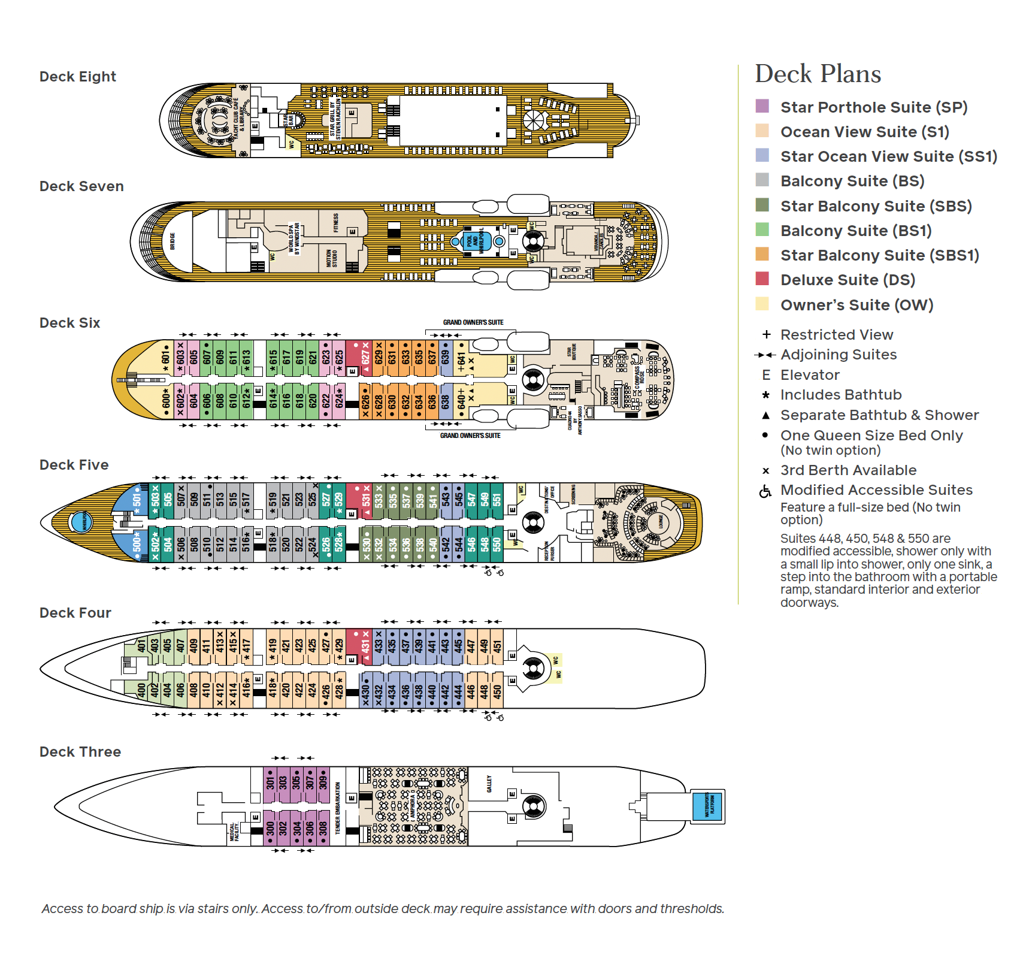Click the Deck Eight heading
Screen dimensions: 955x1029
[x=77, y=77]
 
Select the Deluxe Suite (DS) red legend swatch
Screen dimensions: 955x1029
[x=762, y=279]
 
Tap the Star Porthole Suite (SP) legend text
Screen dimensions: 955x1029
[x=873, y=107]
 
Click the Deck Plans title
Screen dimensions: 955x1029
[x=818, y=74]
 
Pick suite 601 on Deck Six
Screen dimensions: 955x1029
[x=165, y=358]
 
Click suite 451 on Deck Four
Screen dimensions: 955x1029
[x=497, y=646]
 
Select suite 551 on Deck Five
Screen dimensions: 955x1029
[x=497, y=500]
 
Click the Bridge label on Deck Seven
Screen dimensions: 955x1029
[x=172, y=241]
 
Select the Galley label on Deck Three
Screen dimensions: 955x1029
[x=489, y=784]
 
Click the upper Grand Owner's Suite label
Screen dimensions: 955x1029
[x=473, y=322]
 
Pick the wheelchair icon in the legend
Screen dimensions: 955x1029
[x=765, y=491]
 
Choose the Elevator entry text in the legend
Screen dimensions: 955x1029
[x=810, y=375]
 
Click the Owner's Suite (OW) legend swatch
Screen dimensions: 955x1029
[x=762, y=304]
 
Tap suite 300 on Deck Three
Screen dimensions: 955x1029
[x=270, y=828]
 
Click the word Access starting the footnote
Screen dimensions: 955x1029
[x=61, y=908]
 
